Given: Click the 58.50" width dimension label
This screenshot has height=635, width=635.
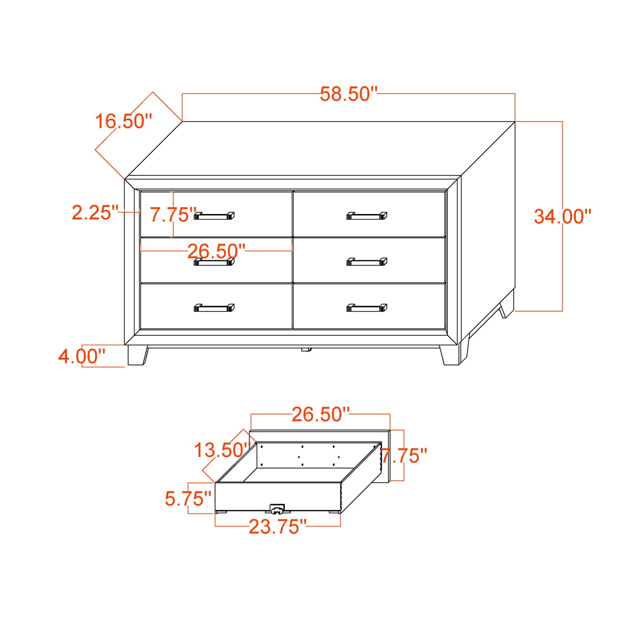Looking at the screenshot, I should [x=348, y=94].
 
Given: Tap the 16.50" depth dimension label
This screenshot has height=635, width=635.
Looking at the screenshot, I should [x=123, y=121].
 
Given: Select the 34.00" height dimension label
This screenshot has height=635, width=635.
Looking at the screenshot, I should [x=562, y=216].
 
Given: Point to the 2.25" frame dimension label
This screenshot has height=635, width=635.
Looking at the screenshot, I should [x=95, y=213].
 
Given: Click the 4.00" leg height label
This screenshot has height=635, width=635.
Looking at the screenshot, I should [x=82, y=356].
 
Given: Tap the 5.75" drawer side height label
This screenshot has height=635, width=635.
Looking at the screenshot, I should [x=188, y=499].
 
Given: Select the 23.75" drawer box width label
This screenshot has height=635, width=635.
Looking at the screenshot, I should [x=277, y=527].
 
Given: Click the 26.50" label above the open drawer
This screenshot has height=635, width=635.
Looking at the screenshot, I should [x=320, y=414].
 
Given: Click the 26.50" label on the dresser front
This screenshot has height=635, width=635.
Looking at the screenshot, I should [x=216, y=251].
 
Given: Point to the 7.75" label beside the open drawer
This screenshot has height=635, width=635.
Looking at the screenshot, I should [x=404, y=456].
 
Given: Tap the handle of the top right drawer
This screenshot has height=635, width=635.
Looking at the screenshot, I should [x=366, y=216].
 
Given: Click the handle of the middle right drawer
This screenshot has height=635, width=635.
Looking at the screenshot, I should [x=366, y=262].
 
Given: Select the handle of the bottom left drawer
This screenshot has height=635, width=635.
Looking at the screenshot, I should [x=214, y=308].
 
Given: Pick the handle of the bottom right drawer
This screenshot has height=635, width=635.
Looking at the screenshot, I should [x=366, y=308].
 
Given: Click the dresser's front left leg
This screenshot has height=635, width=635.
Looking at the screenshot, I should [x=137, y=355].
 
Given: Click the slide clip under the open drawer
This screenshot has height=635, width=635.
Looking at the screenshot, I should [x=277, y=509].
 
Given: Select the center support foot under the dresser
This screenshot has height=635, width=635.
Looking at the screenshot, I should [x=306, y=350].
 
